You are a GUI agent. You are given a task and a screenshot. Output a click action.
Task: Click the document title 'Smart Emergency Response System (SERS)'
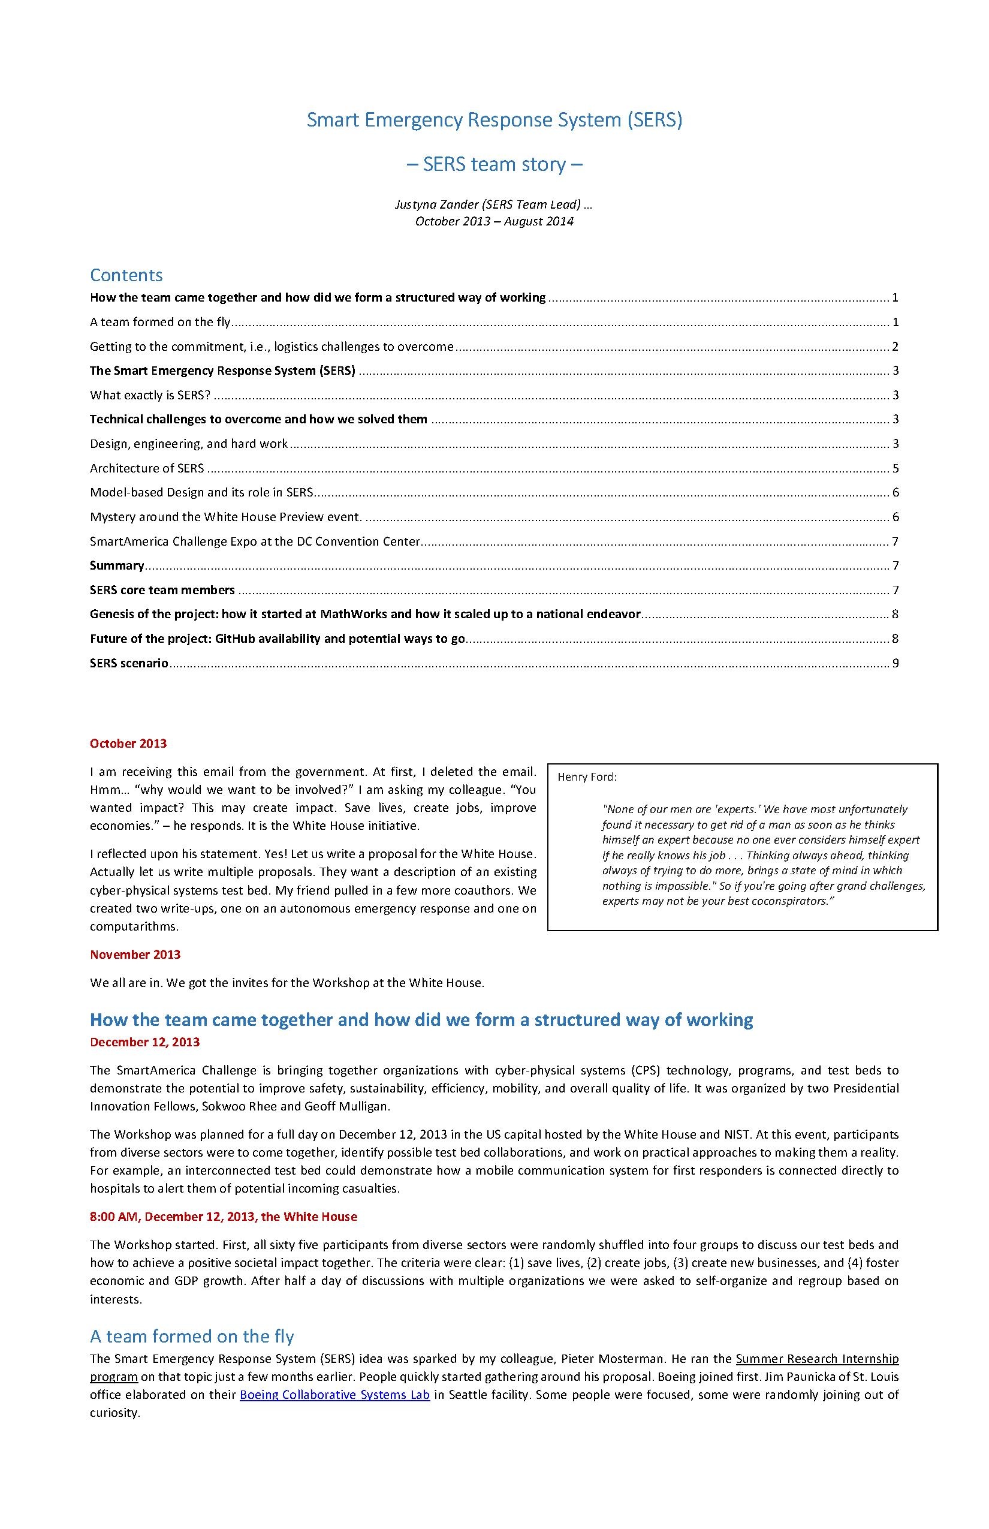pyautogui.click(x=494, y=120)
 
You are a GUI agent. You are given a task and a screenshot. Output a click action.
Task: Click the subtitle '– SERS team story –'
pyautogui.click(x=494, y=164)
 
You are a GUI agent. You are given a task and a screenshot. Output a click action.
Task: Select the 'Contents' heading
pyautogui.click(x=126, y=275)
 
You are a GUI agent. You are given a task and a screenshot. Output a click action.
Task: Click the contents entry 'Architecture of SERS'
pyautogui.click(x=147, y=468)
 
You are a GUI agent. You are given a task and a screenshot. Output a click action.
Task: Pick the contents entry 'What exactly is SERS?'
pyautogui.click(x=150, y=395)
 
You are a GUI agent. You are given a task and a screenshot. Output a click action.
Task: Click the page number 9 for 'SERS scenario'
pyautogui.click(x=894, y=663)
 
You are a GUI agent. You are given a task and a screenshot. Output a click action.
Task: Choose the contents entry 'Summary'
pyautogui.click(x=117, y=565)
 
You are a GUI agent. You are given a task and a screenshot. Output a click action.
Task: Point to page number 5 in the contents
pyautogui.click(x=894, y=468)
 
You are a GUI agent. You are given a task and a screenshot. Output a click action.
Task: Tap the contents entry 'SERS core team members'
pyautogui.click(x=162, y=590)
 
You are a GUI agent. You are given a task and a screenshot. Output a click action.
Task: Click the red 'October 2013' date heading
pyautogui.click(x=128, y=744)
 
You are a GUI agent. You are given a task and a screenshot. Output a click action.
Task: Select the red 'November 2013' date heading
pyautogui.click(x=135, y=955)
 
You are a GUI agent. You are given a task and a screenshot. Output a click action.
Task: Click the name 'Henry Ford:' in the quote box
pyautogui.click(x=587, y=777)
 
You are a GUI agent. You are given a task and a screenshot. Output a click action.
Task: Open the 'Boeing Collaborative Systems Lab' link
pyautogui.click(x=334, y=1395)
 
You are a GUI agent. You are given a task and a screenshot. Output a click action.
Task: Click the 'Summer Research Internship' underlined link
pyautogui.click(x=817, y=1359)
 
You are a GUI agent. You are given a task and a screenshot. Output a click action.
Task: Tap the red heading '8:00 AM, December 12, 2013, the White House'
pyautogui.click(x=224, y=1217)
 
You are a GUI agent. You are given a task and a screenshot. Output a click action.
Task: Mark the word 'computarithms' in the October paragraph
pyautogui.click(x=134, y=926)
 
